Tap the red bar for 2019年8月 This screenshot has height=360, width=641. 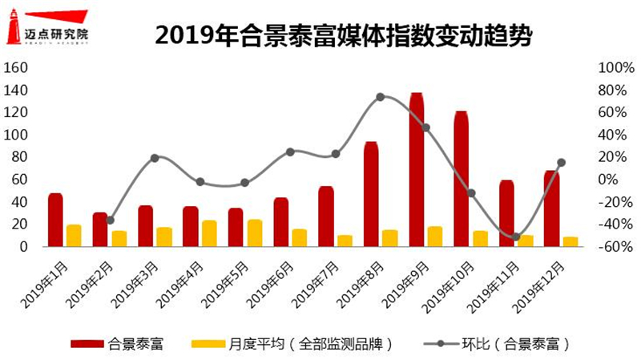(x=371, y=195)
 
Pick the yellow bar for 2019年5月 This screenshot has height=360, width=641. (x=255, y=233)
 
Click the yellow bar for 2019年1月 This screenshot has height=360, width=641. (x=74, y=236)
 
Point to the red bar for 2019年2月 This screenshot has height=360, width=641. (x=100, y=230)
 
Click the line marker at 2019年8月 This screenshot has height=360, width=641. (x=381, y=96)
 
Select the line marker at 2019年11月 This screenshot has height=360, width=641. (x=516, y=237)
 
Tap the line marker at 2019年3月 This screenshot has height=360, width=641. (x=155, y=158)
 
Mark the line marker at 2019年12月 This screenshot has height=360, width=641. (x=561, y=163)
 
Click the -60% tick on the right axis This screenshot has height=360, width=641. (x=609, y=247)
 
